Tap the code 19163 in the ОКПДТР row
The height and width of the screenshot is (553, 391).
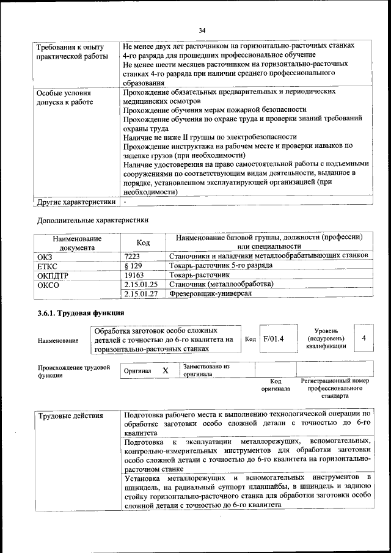point(134,274)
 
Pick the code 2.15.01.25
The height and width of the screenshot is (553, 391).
point(141,284)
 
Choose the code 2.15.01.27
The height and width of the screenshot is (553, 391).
point(141,294)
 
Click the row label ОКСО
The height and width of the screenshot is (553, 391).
point(48,284)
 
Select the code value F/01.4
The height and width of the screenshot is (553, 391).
point(274,339)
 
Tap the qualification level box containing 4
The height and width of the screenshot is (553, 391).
point(364,339)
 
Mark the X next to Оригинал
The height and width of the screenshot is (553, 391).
point(165,370)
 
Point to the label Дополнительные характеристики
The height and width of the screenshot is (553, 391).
point(92,219)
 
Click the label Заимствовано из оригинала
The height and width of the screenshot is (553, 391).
point(205,370)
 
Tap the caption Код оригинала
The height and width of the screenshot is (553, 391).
point(275,384)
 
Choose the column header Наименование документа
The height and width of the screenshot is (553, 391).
point(77,243)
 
